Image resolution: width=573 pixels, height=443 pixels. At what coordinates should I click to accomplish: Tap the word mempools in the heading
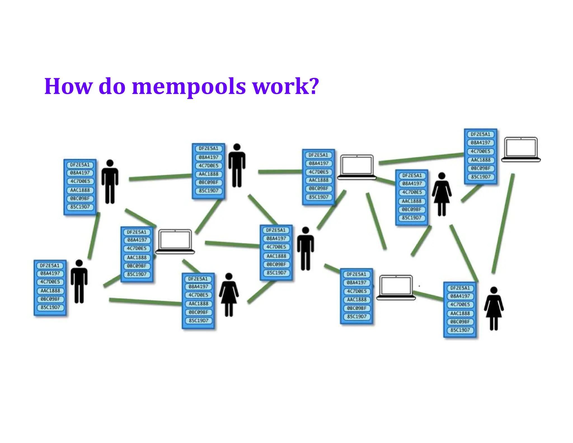click(189, 87)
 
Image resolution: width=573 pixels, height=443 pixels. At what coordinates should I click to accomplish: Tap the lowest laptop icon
click(396, 287)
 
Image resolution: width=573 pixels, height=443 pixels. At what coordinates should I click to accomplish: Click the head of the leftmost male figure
click(79, 263)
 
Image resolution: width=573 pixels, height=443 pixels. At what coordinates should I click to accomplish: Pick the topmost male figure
click(237, 165)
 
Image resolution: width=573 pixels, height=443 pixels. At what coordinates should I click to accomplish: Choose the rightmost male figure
click(306, 248)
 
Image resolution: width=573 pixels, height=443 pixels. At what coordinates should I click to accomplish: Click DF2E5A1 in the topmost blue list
click(480, 134)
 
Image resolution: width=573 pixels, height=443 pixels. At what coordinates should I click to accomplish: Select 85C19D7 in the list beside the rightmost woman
click(460, 330)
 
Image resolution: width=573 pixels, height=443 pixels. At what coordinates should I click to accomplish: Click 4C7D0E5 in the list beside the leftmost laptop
click(137, 248)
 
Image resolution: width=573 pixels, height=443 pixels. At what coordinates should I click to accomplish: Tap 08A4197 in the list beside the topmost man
click(208, 157)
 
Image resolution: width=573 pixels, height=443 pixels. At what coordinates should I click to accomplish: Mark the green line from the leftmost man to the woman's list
click(145, 302)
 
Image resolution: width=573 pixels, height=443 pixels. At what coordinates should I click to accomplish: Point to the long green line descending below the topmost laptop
click(503, 223)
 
